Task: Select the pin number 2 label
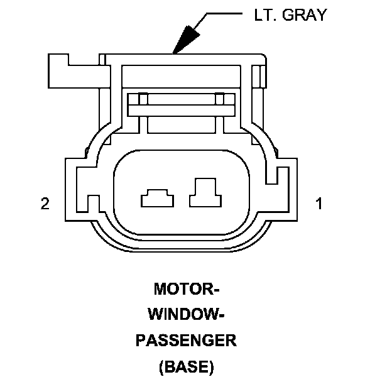[45, 204]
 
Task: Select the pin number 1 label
[319, 204]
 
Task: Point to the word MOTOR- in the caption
[187, 290]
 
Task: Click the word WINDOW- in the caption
[187, 315]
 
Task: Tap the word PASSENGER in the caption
[187, 341]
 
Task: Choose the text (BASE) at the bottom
[187, 366]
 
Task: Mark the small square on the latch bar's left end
[143, 99]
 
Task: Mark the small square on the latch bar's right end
[219, 99]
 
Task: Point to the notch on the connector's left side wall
[93, 202]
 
